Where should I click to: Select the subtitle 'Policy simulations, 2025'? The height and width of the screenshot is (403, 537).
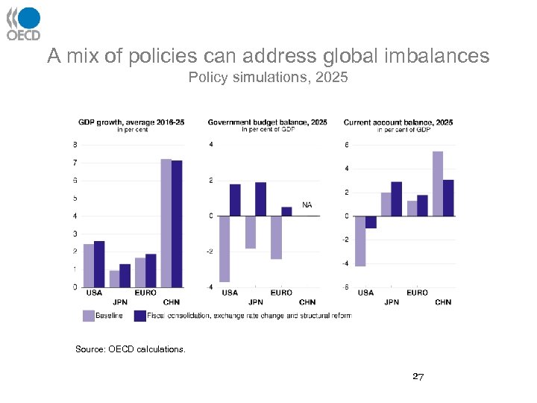click(268, 77)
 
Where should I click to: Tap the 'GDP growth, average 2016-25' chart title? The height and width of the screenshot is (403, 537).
click(131, 122)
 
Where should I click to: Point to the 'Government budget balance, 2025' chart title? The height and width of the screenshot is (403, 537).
click(268, 122)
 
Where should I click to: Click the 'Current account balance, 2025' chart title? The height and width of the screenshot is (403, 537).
click(398, 122)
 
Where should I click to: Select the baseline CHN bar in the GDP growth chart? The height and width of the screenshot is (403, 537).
click(166, 223)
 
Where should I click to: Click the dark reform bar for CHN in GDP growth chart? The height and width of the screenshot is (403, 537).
click(177, 224)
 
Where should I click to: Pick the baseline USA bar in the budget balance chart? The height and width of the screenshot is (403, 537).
click(224, 249)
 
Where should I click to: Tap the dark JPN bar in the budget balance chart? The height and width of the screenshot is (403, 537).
click(260, 199)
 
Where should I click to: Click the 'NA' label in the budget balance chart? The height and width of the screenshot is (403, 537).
click(307, 204)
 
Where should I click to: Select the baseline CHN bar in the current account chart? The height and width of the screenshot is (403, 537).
click(438, 184)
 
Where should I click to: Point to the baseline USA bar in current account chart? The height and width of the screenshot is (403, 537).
click(360, 241)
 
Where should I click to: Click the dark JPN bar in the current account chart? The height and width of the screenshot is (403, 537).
click(397, 199)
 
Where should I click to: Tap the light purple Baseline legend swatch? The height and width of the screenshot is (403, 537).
click(88, 316)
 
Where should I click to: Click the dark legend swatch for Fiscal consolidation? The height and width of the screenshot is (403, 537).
click(139, 316)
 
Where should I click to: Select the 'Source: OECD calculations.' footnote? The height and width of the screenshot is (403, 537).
click(131, 349)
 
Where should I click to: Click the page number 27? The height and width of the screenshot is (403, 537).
click(418, 377)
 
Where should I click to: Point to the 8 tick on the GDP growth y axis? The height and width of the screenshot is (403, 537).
click(75, 145)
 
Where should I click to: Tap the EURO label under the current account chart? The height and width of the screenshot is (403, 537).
click(417, 293)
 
